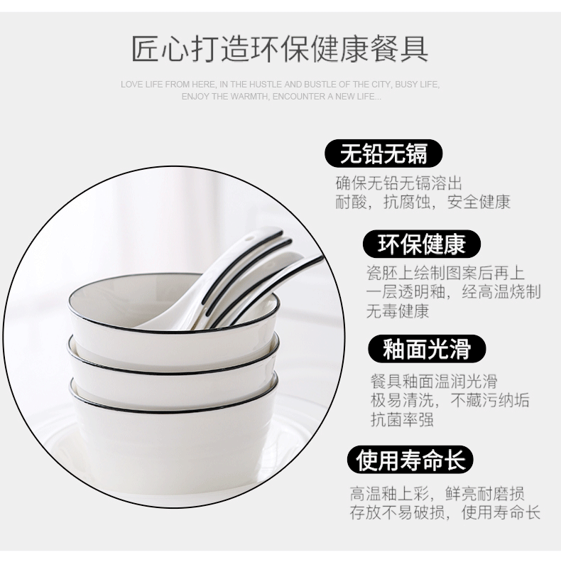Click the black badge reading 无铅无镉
pos(383,153)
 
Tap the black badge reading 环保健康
pos(422,244)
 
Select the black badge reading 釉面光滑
pos(427,348)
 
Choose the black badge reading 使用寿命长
pos(410,460)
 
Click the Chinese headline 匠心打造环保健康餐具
pos(280,48)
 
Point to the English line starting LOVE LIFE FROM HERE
pos(280,85)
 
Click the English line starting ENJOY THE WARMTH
pos(281,97)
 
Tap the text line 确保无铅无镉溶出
pos(398,183)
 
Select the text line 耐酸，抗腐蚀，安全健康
pos(423,202)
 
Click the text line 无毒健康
pos(398,311)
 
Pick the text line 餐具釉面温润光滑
pos(434,381)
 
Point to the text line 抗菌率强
pos(402,419)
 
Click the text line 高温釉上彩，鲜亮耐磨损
pos(437,493)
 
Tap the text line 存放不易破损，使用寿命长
pos(445,512)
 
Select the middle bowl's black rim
pos(173,372)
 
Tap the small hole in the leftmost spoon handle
pos(251,238)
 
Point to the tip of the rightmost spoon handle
pos(322,258)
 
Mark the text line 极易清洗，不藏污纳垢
pos(450,400)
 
